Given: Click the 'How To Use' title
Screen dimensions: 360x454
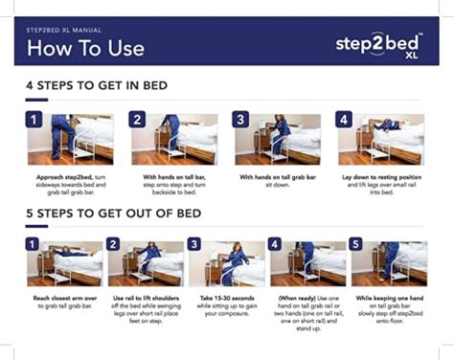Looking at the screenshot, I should pyautogui.click(x=86, y=47).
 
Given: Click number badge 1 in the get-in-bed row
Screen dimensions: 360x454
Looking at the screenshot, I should pyautogui.click(x=35, y=121).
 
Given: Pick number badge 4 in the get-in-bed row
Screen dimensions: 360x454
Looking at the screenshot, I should pyautogui.click(x=345, y=121).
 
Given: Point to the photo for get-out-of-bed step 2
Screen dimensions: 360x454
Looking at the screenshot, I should pyautogui.click(x=149, y=262).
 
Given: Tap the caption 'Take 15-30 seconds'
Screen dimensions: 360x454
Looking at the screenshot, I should pyautogui.click(x=226, y=306).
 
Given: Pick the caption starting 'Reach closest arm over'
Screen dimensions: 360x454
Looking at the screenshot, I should pyautogui.click(x=65, y=303).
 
